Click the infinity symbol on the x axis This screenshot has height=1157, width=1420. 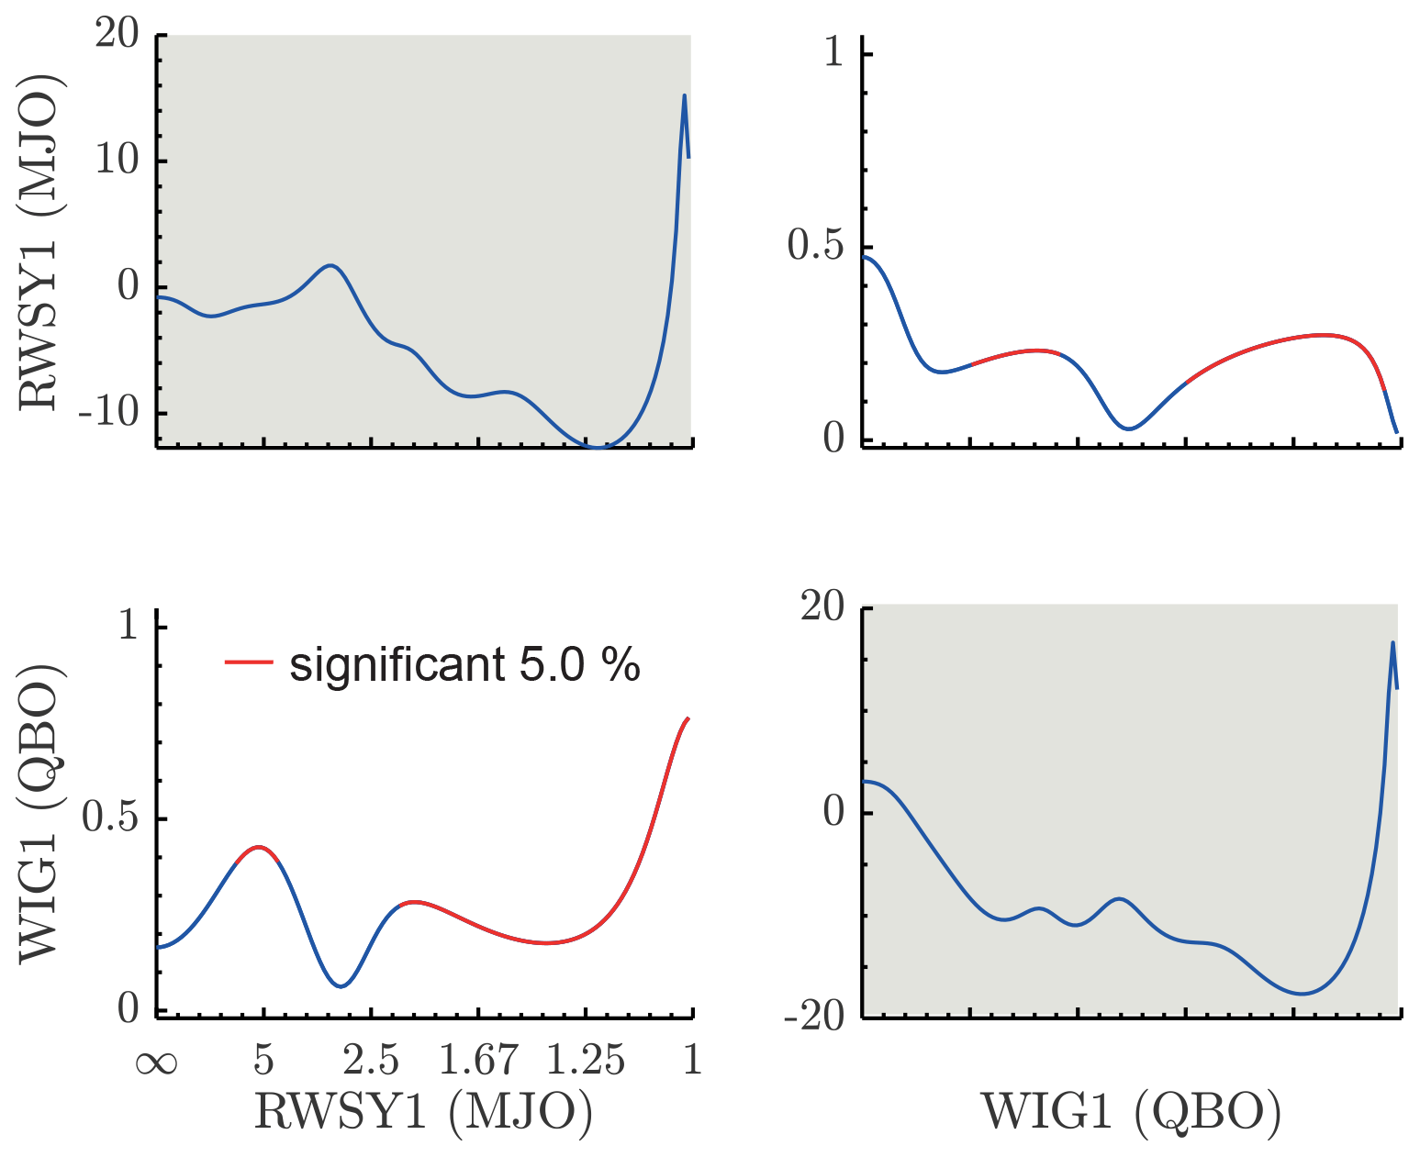point(156,1062)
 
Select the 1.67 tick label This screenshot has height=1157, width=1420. point(478,1061)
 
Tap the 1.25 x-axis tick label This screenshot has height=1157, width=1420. point(586,1061)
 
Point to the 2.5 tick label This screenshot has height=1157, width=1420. point(371,1061)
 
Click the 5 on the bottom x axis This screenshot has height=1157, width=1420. point(263,1061)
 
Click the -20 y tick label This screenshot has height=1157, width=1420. point(813,1017)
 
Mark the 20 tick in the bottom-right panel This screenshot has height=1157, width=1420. point(822,608)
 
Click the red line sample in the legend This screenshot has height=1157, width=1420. point(249,661)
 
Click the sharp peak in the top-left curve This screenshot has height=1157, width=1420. point(684,95)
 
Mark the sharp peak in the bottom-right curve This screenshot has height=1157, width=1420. point(1392,642)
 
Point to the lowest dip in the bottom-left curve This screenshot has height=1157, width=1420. point(341,986)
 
